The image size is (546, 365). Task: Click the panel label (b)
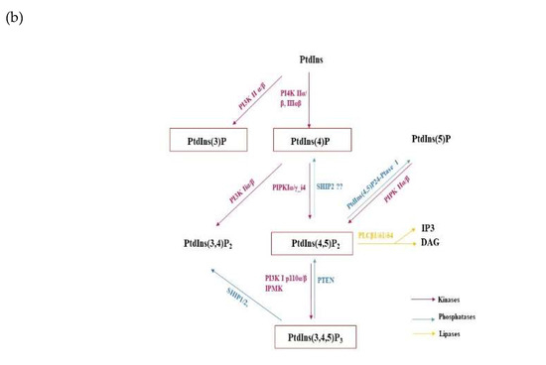click(x=15, y=17)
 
